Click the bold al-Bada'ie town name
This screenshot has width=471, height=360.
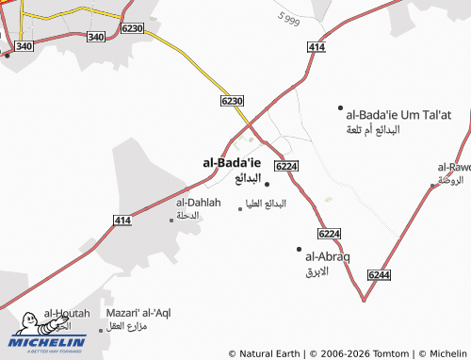232,162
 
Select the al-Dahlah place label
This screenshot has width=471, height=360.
198,202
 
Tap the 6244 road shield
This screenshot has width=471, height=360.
379,273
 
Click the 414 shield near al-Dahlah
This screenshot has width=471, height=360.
122,221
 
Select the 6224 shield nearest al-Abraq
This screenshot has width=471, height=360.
329,233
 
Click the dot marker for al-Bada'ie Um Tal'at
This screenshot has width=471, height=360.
340,108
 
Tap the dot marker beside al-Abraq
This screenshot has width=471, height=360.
299,249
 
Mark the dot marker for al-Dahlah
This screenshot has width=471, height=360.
171,220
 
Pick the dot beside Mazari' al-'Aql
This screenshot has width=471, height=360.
101,330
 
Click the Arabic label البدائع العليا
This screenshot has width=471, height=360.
266,204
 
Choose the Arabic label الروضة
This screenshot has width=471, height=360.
451,180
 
